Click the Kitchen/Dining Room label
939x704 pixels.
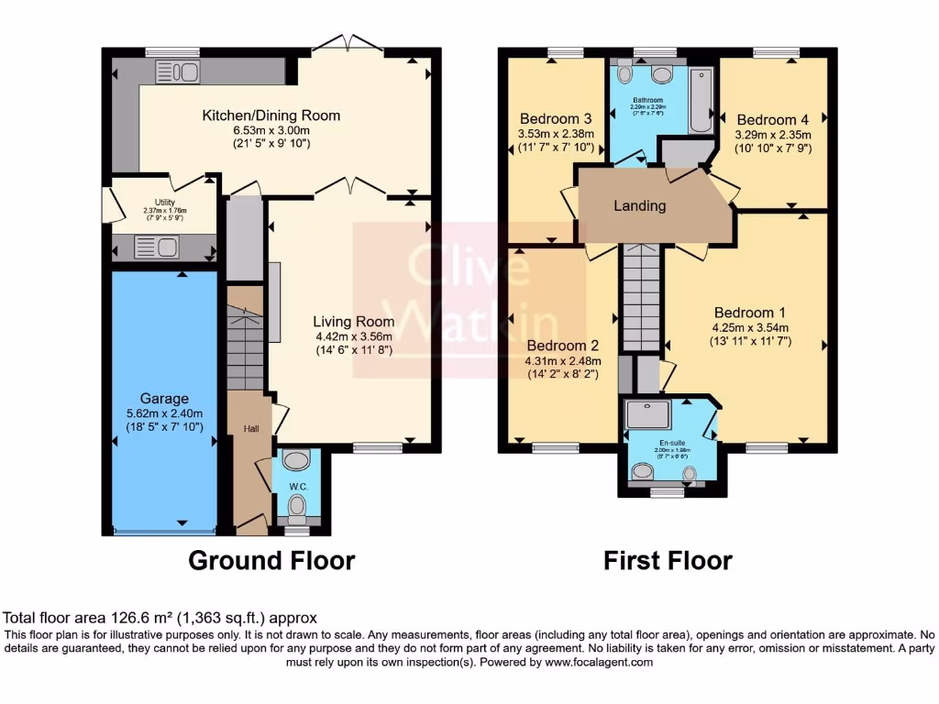click(x=271, y=115)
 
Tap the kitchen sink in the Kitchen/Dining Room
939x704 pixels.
click(x=171, y=71)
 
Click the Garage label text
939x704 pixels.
click(x=164, y=399)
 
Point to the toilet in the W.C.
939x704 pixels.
click(x=296, y=505)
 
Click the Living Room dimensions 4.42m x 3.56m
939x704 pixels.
click(x=354, y=336)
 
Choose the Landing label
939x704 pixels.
click(x=639, y=205)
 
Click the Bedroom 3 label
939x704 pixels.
click(x=555, y=119)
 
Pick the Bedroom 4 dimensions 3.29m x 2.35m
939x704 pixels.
click(x=773, y=135)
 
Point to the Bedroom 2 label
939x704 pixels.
click(x=562, y=346)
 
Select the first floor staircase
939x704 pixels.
click(x=641, y=298)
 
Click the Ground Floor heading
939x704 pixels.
click(x=271, y=560)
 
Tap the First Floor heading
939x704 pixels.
click(x=668, y=560)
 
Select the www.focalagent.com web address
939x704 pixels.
click(x=598, y=662)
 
